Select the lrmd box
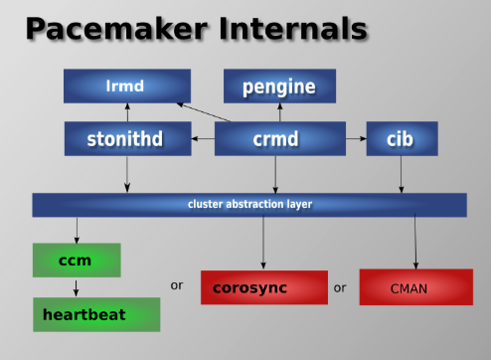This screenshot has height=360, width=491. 126,87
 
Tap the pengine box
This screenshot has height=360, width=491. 278,87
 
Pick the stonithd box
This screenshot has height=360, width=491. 127,138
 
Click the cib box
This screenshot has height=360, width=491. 402,138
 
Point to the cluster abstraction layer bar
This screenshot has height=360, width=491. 249,205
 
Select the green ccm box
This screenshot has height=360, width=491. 77,261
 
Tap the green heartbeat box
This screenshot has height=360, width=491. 95,314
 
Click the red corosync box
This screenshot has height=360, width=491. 263,287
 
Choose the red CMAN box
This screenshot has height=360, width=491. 416,287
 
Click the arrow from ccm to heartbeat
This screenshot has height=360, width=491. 77,287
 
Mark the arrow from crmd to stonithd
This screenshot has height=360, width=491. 203,138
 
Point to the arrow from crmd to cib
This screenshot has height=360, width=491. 356,138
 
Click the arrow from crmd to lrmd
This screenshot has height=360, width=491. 204,111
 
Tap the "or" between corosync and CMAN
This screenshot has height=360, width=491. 341,287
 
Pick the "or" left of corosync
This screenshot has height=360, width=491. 177,285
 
